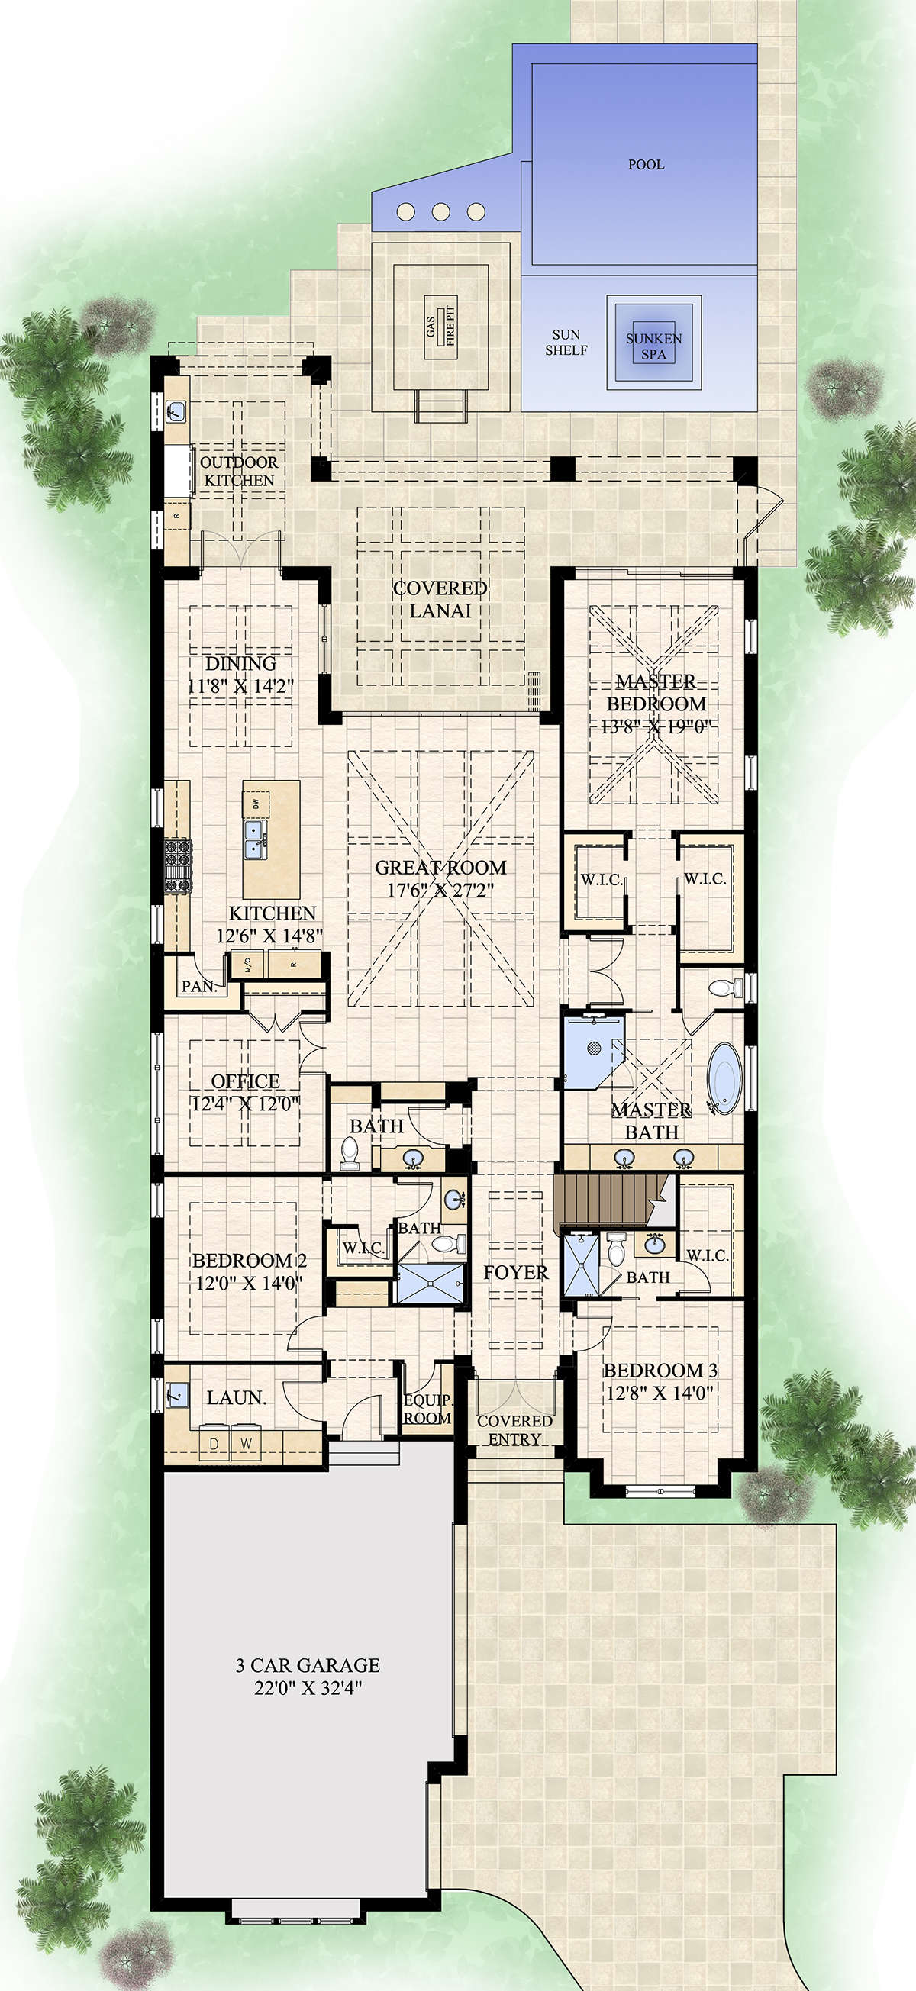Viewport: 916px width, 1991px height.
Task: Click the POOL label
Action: [646, 165]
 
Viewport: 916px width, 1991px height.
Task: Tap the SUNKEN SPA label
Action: [654, 346]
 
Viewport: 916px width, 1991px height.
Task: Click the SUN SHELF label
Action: [566, 343]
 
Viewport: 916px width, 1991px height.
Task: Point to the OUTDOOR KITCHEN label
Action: [239, 471]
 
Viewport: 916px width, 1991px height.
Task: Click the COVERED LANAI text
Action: [440, 599]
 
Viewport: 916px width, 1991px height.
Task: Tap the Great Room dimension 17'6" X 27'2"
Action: [440, 891]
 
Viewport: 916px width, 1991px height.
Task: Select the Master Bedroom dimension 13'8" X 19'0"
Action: [656, 726]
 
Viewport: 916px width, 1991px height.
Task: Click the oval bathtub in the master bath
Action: [724, 1078]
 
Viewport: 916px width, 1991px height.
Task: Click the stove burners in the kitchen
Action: [178, 865]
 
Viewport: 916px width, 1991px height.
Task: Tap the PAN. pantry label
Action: [198, 986]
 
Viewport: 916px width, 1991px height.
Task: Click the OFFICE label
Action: [245, 1081]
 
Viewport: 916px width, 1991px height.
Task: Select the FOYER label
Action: [515, 1272]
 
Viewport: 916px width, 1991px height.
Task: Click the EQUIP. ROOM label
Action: [427, 1408]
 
